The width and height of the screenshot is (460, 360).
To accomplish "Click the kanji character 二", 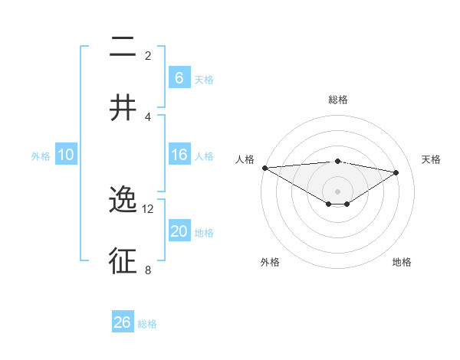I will pyautogui.click(x=123, y=47).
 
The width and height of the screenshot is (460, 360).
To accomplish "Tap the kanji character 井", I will pyautogui.click(x=123, y=107).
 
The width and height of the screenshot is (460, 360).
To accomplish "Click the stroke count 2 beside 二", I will pyautogui.click(x=148, y=56).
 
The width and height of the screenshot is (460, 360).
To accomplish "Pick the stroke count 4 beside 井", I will pyautogui.click(x=148, y=116).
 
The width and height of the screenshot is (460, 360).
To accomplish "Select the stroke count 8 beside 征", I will pyautogui.click(x=148, y=270).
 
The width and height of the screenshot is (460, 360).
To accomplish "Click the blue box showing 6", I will pyautogui.click(x=179, y=78).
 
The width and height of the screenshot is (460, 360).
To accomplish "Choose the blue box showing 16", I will pyautogui.click(x=179, y=155).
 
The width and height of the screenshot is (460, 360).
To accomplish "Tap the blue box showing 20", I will pyautogui.click(x=179, y=232).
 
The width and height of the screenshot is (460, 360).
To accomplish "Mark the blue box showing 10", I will pyautogui.click(x=66, y=155).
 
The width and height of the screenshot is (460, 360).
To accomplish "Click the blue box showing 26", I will pyautogui.click(x=123, y=322).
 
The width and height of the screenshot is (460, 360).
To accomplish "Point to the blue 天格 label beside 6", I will pyautogui.click(x=204, y=80).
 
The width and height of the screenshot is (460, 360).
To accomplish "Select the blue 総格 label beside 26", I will pyautogui.click(x=147, y=324).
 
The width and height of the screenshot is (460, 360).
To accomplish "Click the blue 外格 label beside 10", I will pyautogui.click(x=41, y=156).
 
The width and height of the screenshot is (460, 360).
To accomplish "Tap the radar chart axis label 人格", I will pyautogui.click(x=245, y=159).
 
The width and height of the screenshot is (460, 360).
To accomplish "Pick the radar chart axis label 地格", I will pyautogui.click(x=402, y=262).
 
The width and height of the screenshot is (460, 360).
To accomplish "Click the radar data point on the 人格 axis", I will pyautogui.click(x=264, y=168).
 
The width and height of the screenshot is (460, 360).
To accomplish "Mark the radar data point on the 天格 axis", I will pyautogui.click(x=396, y=172).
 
